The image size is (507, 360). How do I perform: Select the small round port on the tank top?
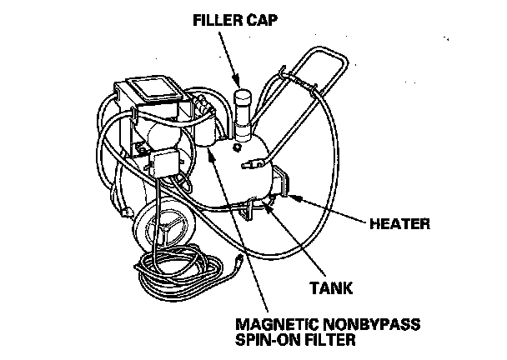pos(238,147)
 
